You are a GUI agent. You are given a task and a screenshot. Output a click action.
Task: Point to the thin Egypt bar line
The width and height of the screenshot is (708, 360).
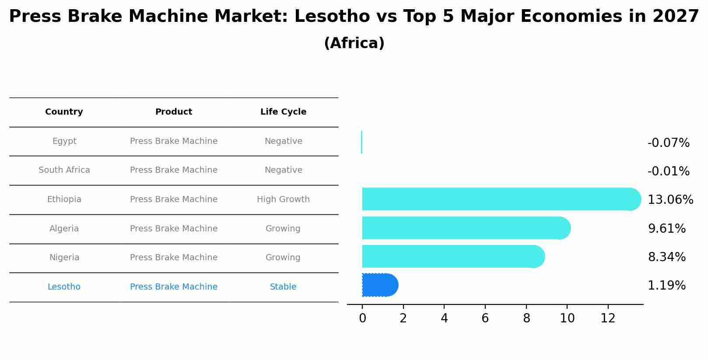(361, 142)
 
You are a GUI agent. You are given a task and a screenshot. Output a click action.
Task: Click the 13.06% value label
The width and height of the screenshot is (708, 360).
(670, 200)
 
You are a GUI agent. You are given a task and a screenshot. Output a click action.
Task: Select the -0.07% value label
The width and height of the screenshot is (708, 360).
(668, 143)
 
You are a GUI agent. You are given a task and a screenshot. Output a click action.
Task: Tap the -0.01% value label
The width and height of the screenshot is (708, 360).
(668, 171)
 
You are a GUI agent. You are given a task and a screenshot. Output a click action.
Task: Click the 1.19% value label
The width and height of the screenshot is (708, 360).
(666, 286)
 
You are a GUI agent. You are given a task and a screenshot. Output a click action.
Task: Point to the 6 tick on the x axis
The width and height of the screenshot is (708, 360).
(485, 318)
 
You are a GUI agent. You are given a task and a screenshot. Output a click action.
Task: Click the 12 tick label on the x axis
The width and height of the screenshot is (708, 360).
(608, 318)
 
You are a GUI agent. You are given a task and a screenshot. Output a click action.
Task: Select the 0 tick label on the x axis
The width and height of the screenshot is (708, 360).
(362, 318)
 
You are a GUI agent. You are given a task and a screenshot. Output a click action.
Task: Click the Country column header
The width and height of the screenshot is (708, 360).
(64, 112)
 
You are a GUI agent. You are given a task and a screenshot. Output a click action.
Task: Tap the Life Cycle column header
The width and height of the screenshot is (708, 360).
(283, 112)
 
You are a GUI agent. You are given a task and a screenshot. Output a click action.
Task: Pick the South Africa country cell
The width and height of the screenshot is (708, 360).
(64, 170)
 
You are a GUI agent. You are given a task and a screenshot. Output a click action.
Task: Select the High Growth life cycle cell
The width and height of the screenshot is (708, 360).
(283, 199)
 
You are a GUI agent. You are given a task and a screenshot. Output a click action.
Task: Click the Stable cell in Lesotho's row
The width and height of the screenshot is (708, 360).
(283, 287)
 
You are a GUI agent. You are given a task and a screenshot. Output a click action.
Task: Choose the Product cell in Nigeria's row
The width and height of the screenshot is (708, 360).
(174, 258)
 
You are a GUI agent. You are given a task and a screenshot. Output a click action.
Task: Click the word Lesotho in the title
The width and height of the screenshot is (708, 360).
(332, 17)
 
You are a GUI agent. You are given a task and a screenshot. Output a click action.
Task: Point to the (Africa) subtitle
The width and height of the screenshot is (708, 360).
(354, 43)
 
